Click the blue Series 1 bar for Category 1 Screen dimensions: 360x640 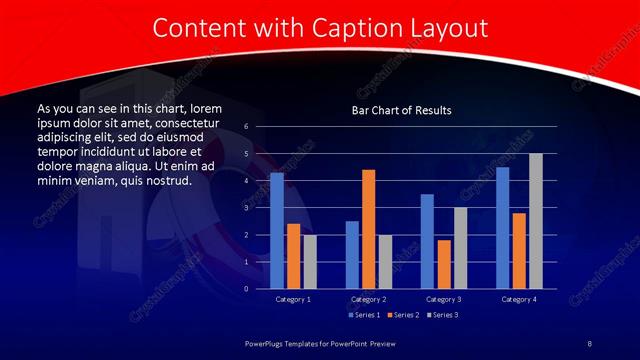277,230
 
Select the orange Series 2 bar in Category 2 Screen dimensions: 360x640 368,229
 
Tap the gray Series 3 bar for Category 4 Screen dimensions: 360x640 535,221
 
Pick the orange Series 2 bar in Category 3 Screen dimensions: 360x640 443,264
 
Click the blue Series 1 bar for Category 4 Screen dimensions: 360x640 502,227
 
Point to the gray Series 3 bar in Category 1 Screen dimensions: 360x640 310,261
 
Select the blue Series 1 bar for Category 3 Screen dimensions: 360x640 427,241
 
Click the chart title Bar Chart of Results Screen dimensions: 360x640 401,110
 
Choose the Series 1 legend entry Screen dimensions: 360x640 362,315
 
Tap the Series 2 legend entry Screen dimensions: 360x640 402,315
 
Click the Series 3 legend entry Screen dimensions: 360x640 441,315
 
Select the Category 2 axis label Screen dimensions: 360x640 368,299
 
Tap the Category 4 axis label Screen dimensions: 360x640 518,299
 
